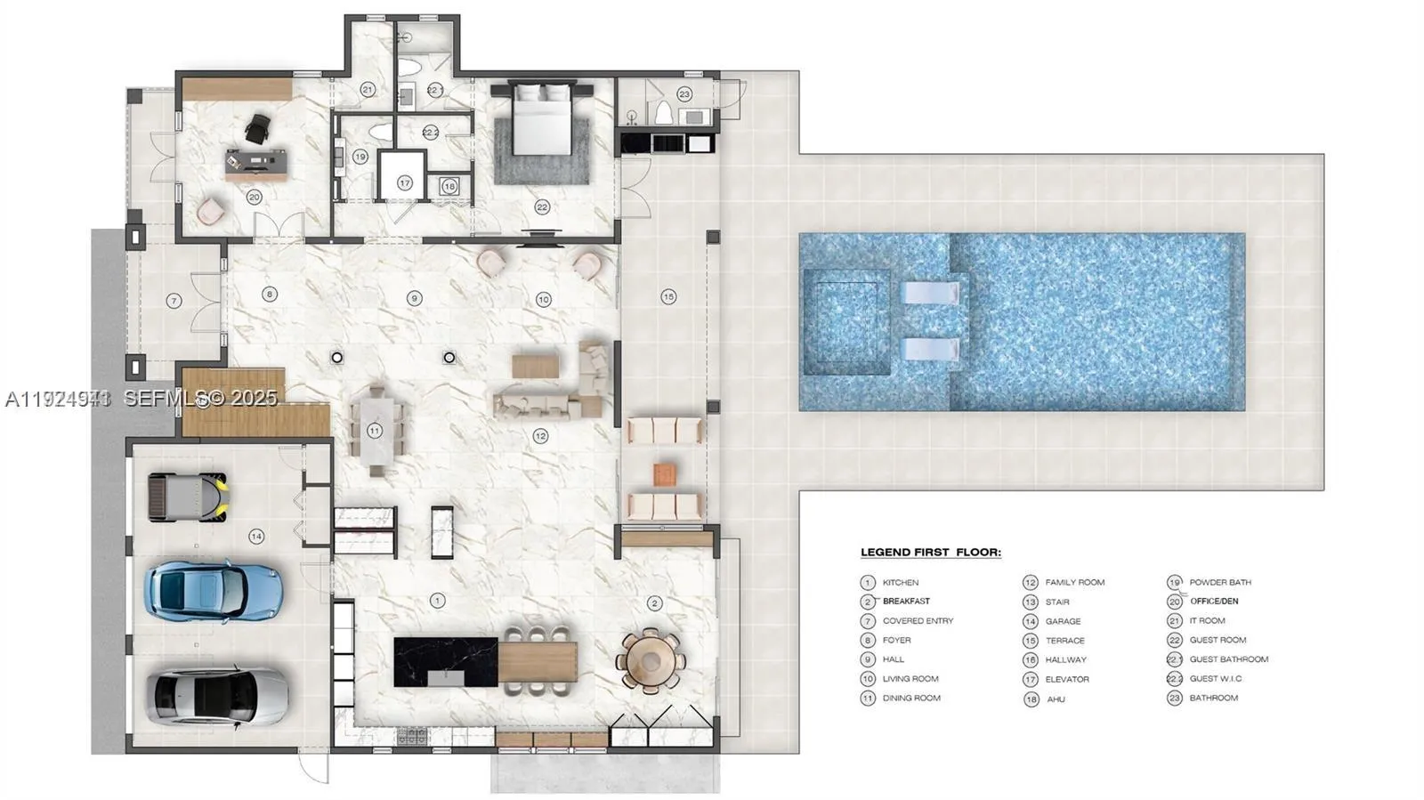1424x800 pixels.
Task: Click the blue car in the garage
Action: click(214, 589)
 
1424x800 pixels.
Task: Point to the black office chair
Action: click(256, 129)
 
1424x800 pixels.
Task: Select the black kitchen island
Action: click(446, 661)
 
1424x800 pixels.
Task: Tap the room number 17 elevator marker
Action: click(405, 183)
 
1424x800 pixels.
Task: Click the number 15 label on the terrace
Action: click(668, 296)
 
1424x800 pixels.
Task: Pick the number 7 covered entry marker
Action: click(174, 301)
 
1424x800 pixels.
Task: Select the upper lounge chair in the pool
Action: click(930, 294)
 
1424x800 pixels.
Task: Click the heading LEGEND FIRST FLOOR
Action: click(930, 553)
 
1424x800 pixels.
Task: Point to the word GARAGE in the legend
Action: click(1063, 621)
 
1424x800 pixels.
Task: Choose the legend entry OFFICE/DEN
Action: click(1214, 602)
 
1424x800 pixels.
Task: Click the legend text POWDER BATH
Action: click(1220, 582)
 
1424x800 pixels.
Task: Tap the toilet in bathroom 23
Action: click(662, 113)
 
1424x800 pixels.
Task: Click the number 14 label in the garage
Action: click(256, 536)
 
